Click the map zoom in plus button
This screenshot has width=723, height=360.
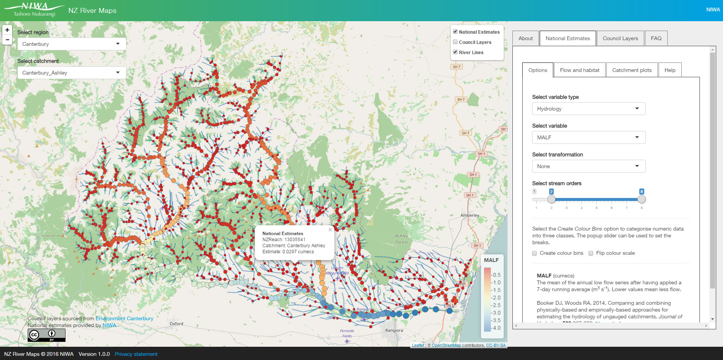pos(7,30)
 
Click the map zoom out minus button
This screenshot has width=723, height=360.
pos(7,40)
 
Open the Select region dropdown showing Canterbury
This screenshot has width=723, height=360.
pos(72,44)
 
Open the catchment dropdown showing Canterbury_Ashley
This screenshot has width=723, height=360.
pos(72,73)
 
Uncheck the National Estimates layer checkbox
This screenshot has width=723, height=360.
pos(455,32)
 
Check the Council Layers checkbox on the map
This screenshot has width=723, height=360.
pos(455,42)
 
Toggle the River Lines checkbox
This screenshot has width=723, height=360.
pos(455,52)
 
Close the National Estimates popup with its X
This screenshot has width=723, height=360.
pos(330,229)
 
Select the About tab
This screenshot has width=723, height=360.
pos(525,38)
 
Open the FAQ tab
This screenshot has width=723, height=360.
pos(656,38)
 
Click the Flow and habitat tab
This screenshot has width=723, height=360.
pos(579,70)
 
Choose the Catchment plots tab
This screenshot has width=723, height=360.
pos(632,70)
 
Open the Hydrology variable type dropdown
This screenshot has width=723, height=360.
pos(588,109)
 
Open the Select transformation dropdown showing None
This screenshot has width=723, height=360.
pos(588,166)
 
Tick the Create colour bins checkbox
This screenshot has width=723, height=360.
pos(534,253)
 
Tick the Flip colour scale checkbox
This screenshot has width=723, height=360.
pos(591,253)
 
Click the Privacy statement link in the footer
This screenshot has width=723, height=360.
pos(136,354)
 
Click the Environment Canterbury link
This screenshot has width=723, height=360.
pos(124,318)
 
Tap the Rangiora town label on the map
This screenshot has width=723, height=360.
pos(394,330)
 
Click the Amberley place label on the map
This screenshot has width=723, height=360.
pos(470,215)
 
